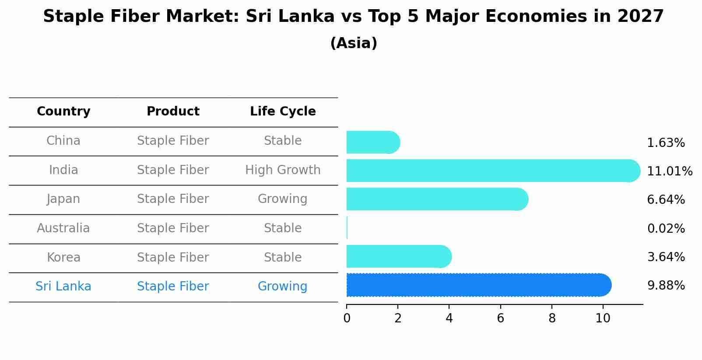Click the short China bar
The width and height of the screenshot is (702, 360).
[372, 142]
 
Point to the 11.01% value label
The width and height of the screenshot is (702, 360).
[669, 171]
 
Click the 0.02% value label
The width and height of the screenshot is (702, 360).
[666, 228]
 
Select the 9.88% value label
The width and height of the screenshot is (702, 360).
[666, 286]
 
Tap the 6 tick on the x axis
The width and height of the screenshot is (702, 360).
[500, 318]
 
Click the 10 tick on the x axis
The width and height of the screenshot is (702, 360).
[603, 318]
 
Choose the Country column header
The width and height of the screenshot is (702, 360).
[63, 112]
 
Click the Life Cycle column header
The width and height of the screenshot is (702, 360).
[283, 112]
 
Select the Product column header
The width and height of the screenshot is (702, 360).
[173, 112]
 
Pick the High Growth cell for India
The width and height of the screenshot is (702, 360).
[283, 170]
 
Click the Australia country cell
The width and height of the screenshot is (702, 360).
[63, 228]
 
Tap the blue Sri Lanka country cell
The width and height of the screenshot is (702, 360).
[63, 287]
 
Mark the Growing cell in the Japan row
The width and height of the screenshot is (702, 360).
[283, 199]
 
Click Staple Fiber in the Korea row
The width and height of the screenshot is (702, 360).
[173, 257]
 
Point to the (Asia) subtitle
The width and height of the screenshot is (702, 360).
[354, 43]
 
